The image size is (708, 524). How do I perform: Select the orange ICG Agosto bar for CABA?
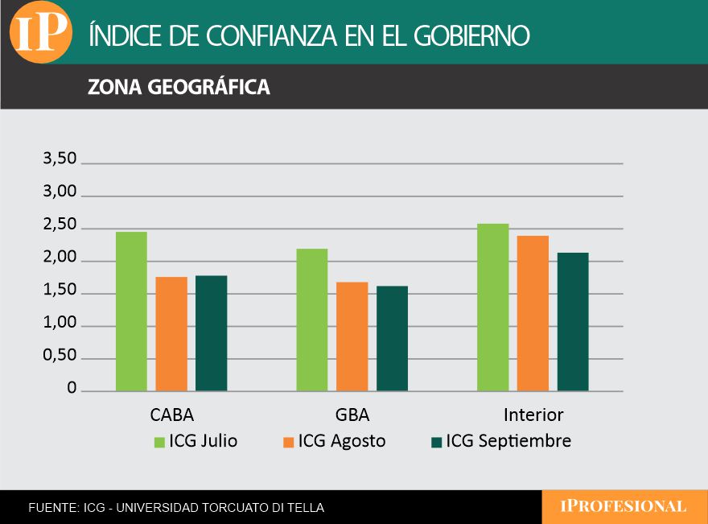pos(171,333)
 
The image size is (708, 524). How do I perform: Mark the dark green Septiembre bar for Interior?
pos(573,321)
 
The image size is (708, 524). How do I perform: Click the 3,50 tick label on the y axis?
pos(60,159)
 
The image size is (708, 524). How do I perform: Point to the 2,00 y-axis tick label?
pos(60,259)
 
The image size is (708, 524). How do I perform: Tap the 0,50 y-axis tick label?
pos(60,357)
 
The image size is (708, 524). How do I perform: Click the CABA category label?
pos(172,415)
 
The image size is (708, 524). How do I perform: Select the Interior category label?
pos(533,415)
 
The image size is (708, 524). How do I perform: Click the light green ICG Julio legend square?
pos(159,442)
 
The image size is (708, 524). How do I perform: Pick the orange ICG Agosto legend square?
pos(288,442)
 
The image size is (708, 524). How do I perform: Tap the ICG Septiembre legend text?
pos(508,441)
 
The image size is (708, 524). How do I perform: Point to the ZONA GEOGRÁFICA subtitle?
pos(179,87)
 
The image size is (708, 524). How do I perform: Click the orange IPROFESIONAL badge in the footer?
pos(624,507)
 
